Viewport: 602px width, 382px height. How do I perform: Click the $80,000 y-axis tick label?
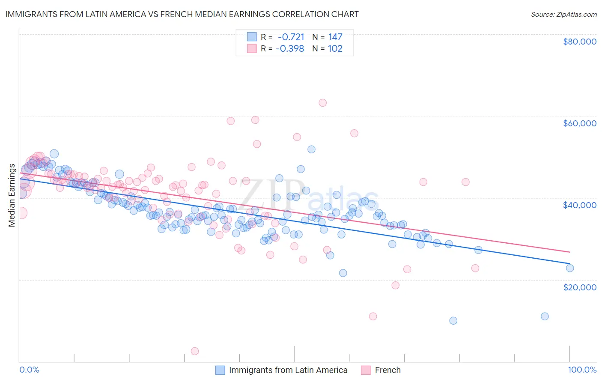point(579,42)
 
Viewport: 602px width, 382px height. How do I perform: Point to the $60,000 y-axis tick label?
point(579,123)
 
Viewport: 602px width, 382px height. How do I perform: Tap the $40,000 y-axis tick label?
point(579,205)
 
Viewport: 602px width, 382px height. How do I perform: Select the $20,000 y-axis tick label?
point(579,287)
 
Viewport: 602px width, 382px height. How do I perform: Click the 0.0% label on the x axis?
point(29,370)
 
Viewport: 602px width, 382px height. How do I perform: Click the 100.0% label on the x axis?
point(582,370)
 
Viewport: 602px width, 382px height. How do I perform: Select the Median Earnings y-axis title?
point(12,195)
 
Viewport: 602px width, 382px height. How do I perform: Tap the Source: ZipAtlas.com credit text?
point(563,14)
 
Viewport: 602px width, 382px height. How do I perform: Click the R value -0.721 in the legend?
point(291,37)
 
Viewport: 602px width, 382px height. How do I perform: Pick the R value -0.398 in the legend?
point(290,48)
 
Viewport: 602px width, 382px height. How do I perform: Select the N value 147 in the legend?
point(335,37)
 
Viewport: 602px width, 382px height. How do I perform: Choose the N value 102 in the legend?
point(335,48)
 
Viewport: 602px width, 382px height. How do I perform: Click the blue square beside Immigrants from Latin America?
point(220,370)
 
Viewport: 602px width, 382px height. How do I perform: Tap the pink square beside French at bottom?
point(366,370)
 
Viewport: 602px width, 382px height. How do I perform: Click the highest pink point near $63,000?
point(322,103)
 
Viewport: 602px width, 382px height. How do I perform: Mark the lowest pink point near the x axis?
point(194,351)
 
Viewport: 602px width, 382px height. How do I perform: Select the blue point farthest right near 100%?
point(569,268)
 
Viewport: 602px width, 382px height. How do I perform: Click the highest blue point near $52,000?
point(311,149)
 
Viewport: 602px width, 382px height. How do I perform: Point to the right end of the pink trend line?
point(569,252)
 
